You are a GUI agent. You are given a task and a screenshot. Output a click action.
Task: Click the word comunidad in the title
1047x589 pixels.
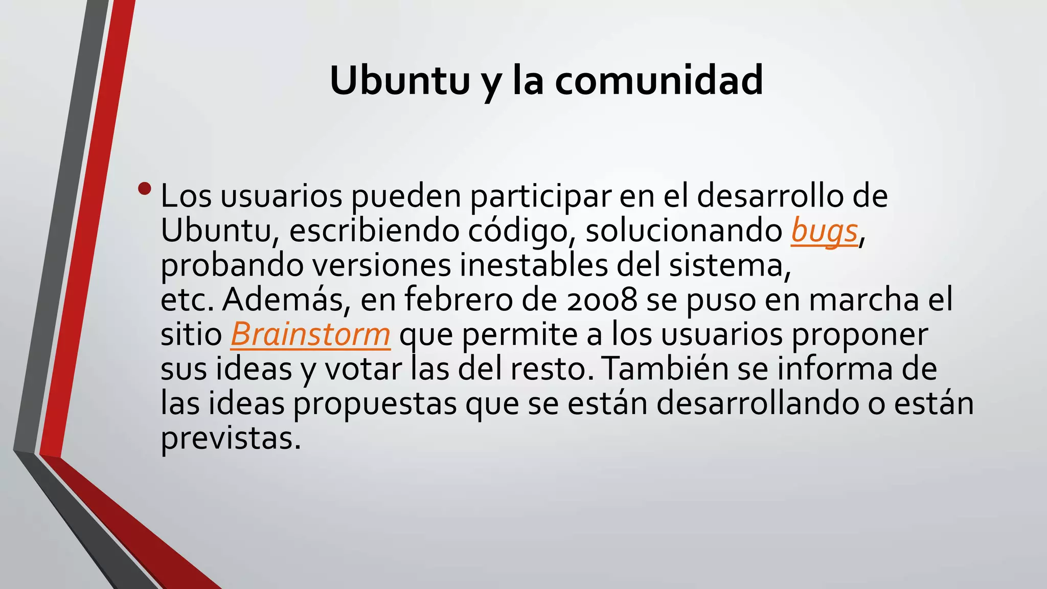pos(659,80)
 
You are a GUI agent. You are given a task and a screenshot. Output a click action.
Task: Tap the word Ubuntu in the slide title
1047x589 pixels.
pos(399,80)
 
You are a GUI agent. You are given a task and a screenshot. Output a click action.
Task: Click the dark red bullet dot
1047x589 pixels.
pos(145,189)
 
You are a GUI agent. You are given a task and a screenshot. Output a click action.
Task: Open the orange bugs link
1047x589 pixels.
pos(824,231)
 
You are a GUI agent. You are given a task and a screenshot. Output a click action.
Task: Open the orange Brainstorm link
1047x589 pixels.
pos(310,334)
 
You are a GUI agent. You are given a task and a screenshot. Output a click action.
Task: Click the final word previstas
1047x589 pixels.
pos(231,438)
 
